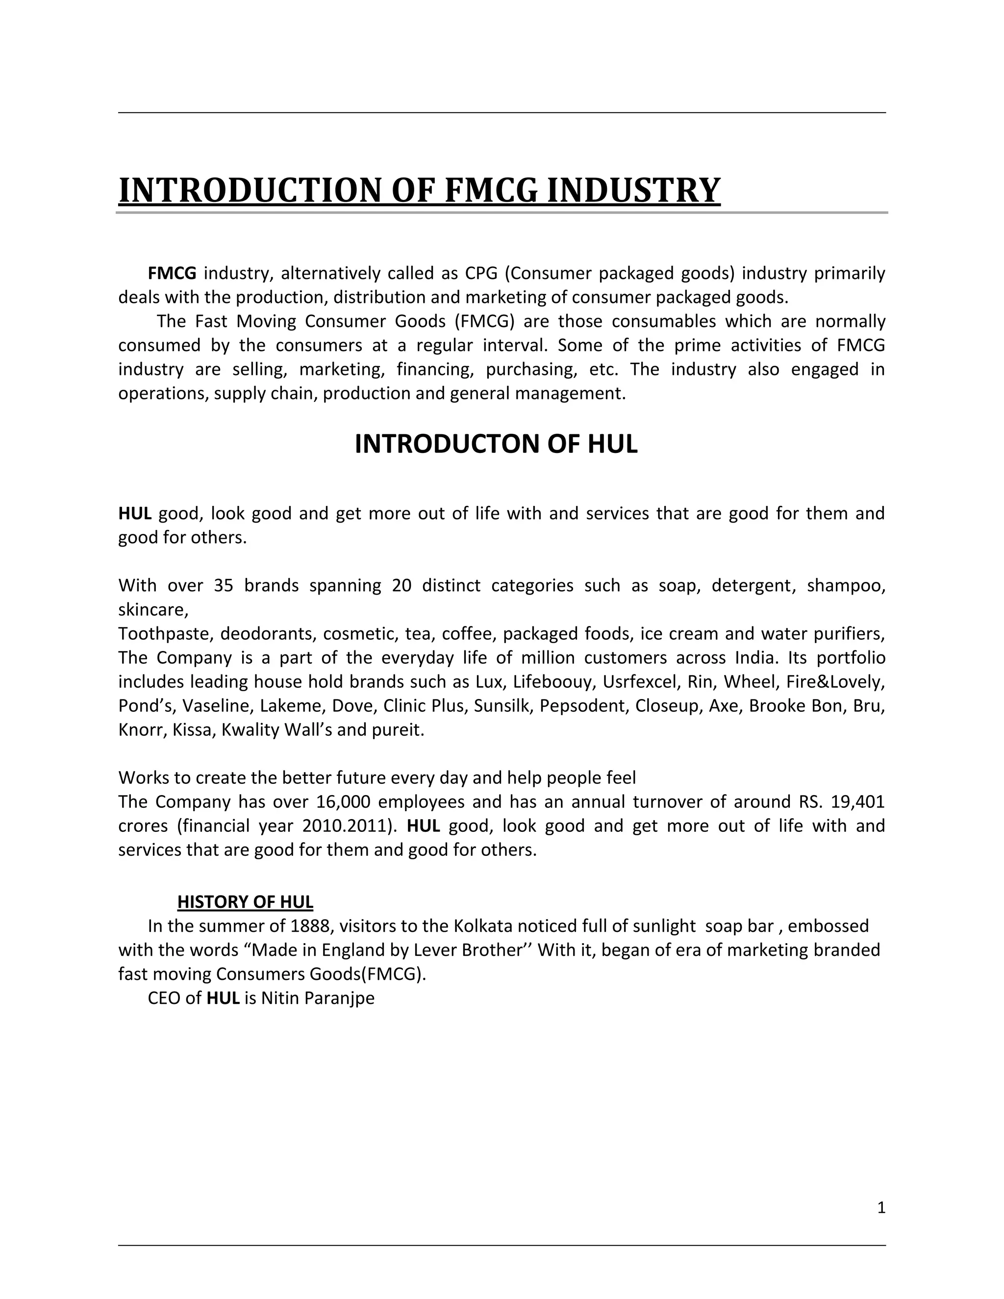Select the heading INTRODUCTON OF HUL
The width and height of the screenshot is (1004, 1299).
(496, 444)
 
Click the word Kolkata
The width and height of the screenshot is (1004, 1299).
(482, 926)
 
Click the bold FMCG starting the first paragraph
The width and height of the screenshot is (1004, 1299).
(172, 274)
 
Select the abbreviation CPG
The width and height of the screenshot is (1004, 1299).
(481, 274)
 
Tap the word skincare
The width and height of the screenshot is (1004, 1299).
(153, 610)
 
